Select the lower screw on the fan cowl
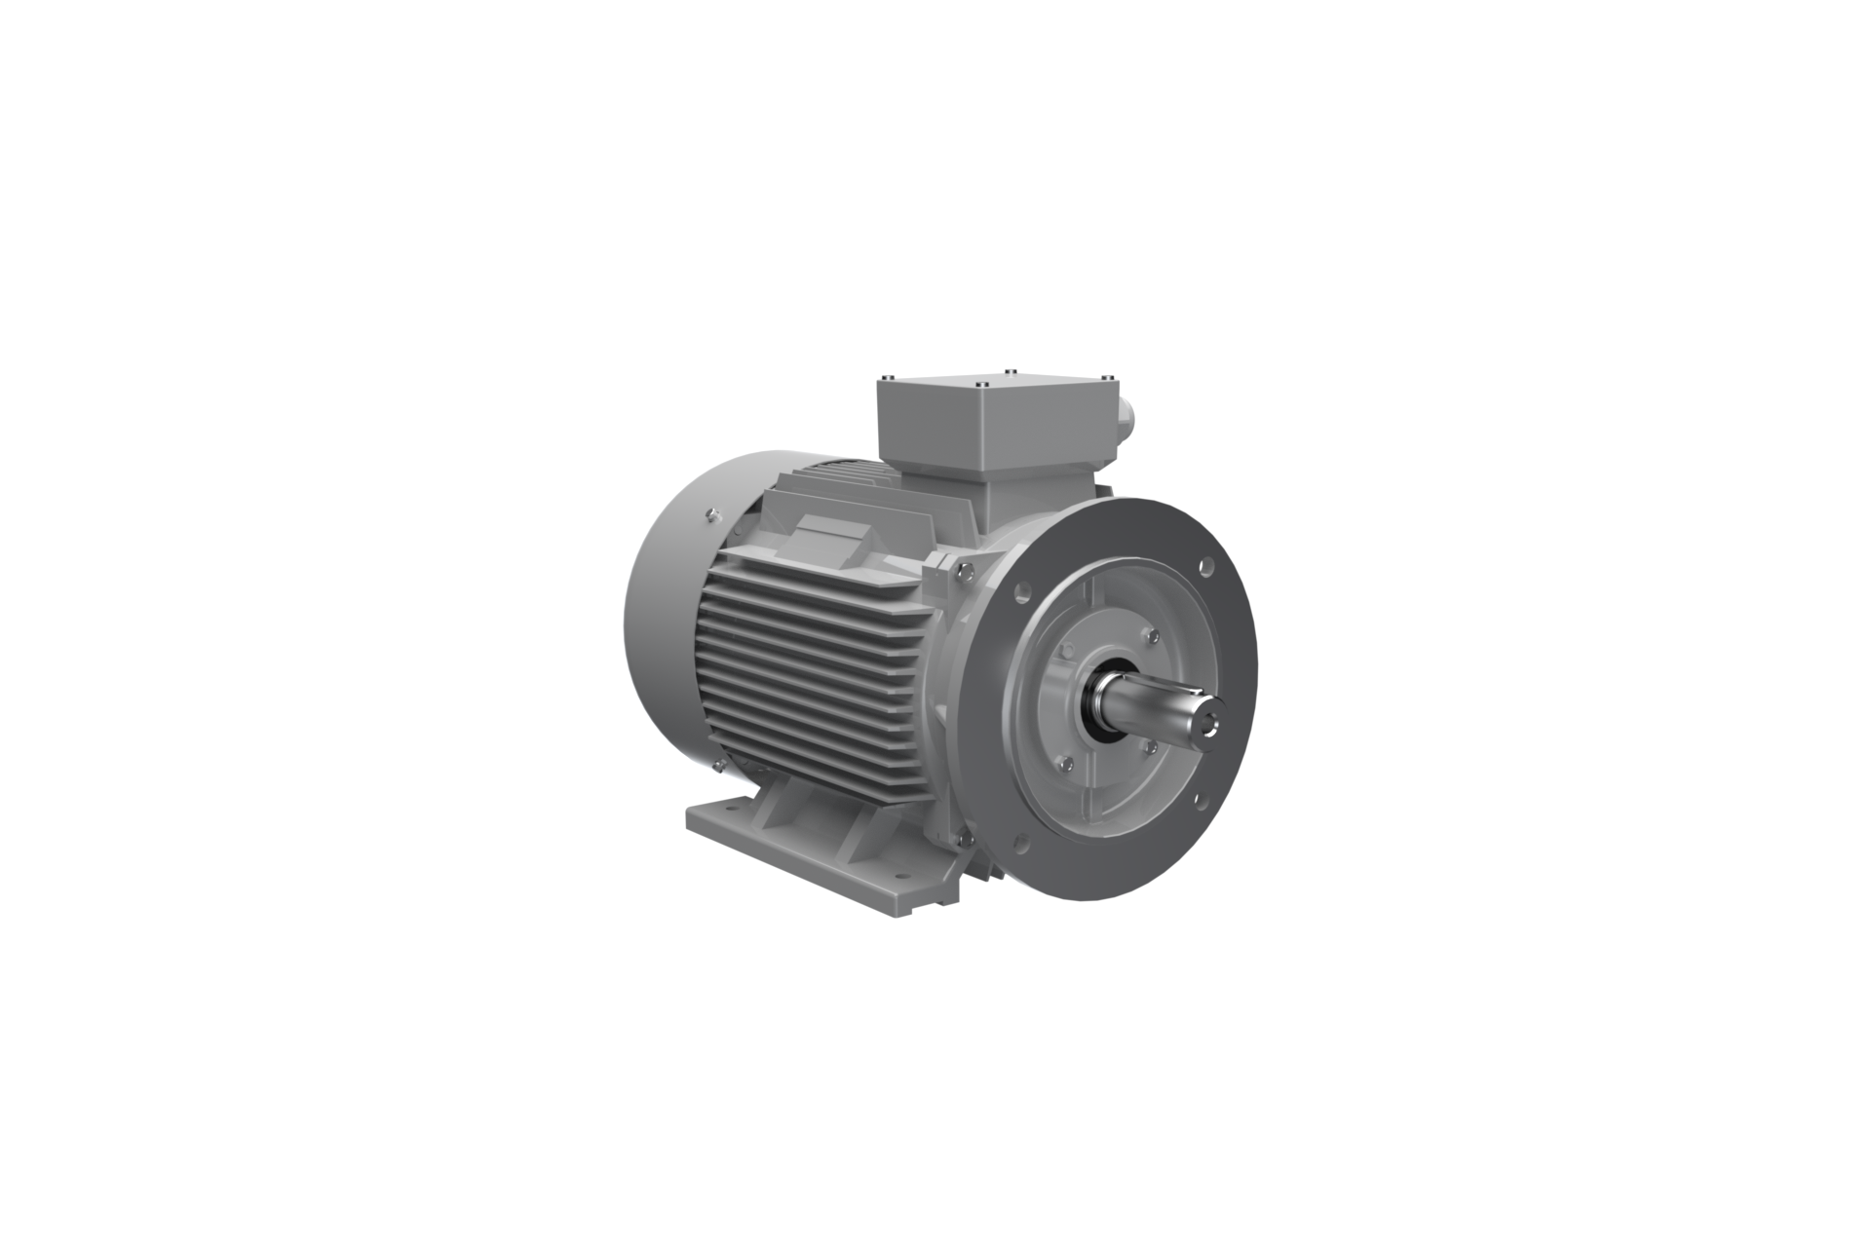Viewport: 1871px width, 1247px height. tap(717, 765)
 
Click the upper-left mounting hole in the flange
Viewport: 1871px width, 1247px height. tap(1022, 588)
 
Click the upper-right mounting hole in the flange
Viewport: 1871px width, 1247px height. tap(1206, 564)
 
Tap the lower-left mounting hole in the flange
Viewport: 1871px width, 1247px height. tap(1021, 842)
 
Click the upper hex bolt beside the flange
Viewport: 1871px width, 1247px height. tap(963, 573)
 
